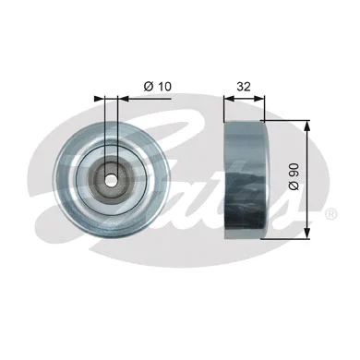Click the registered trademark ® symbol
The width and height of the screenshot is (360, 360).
[x=330, y=213]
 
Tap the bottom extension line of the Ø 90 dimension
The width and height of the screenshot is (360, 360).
[x=286, y=235]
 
